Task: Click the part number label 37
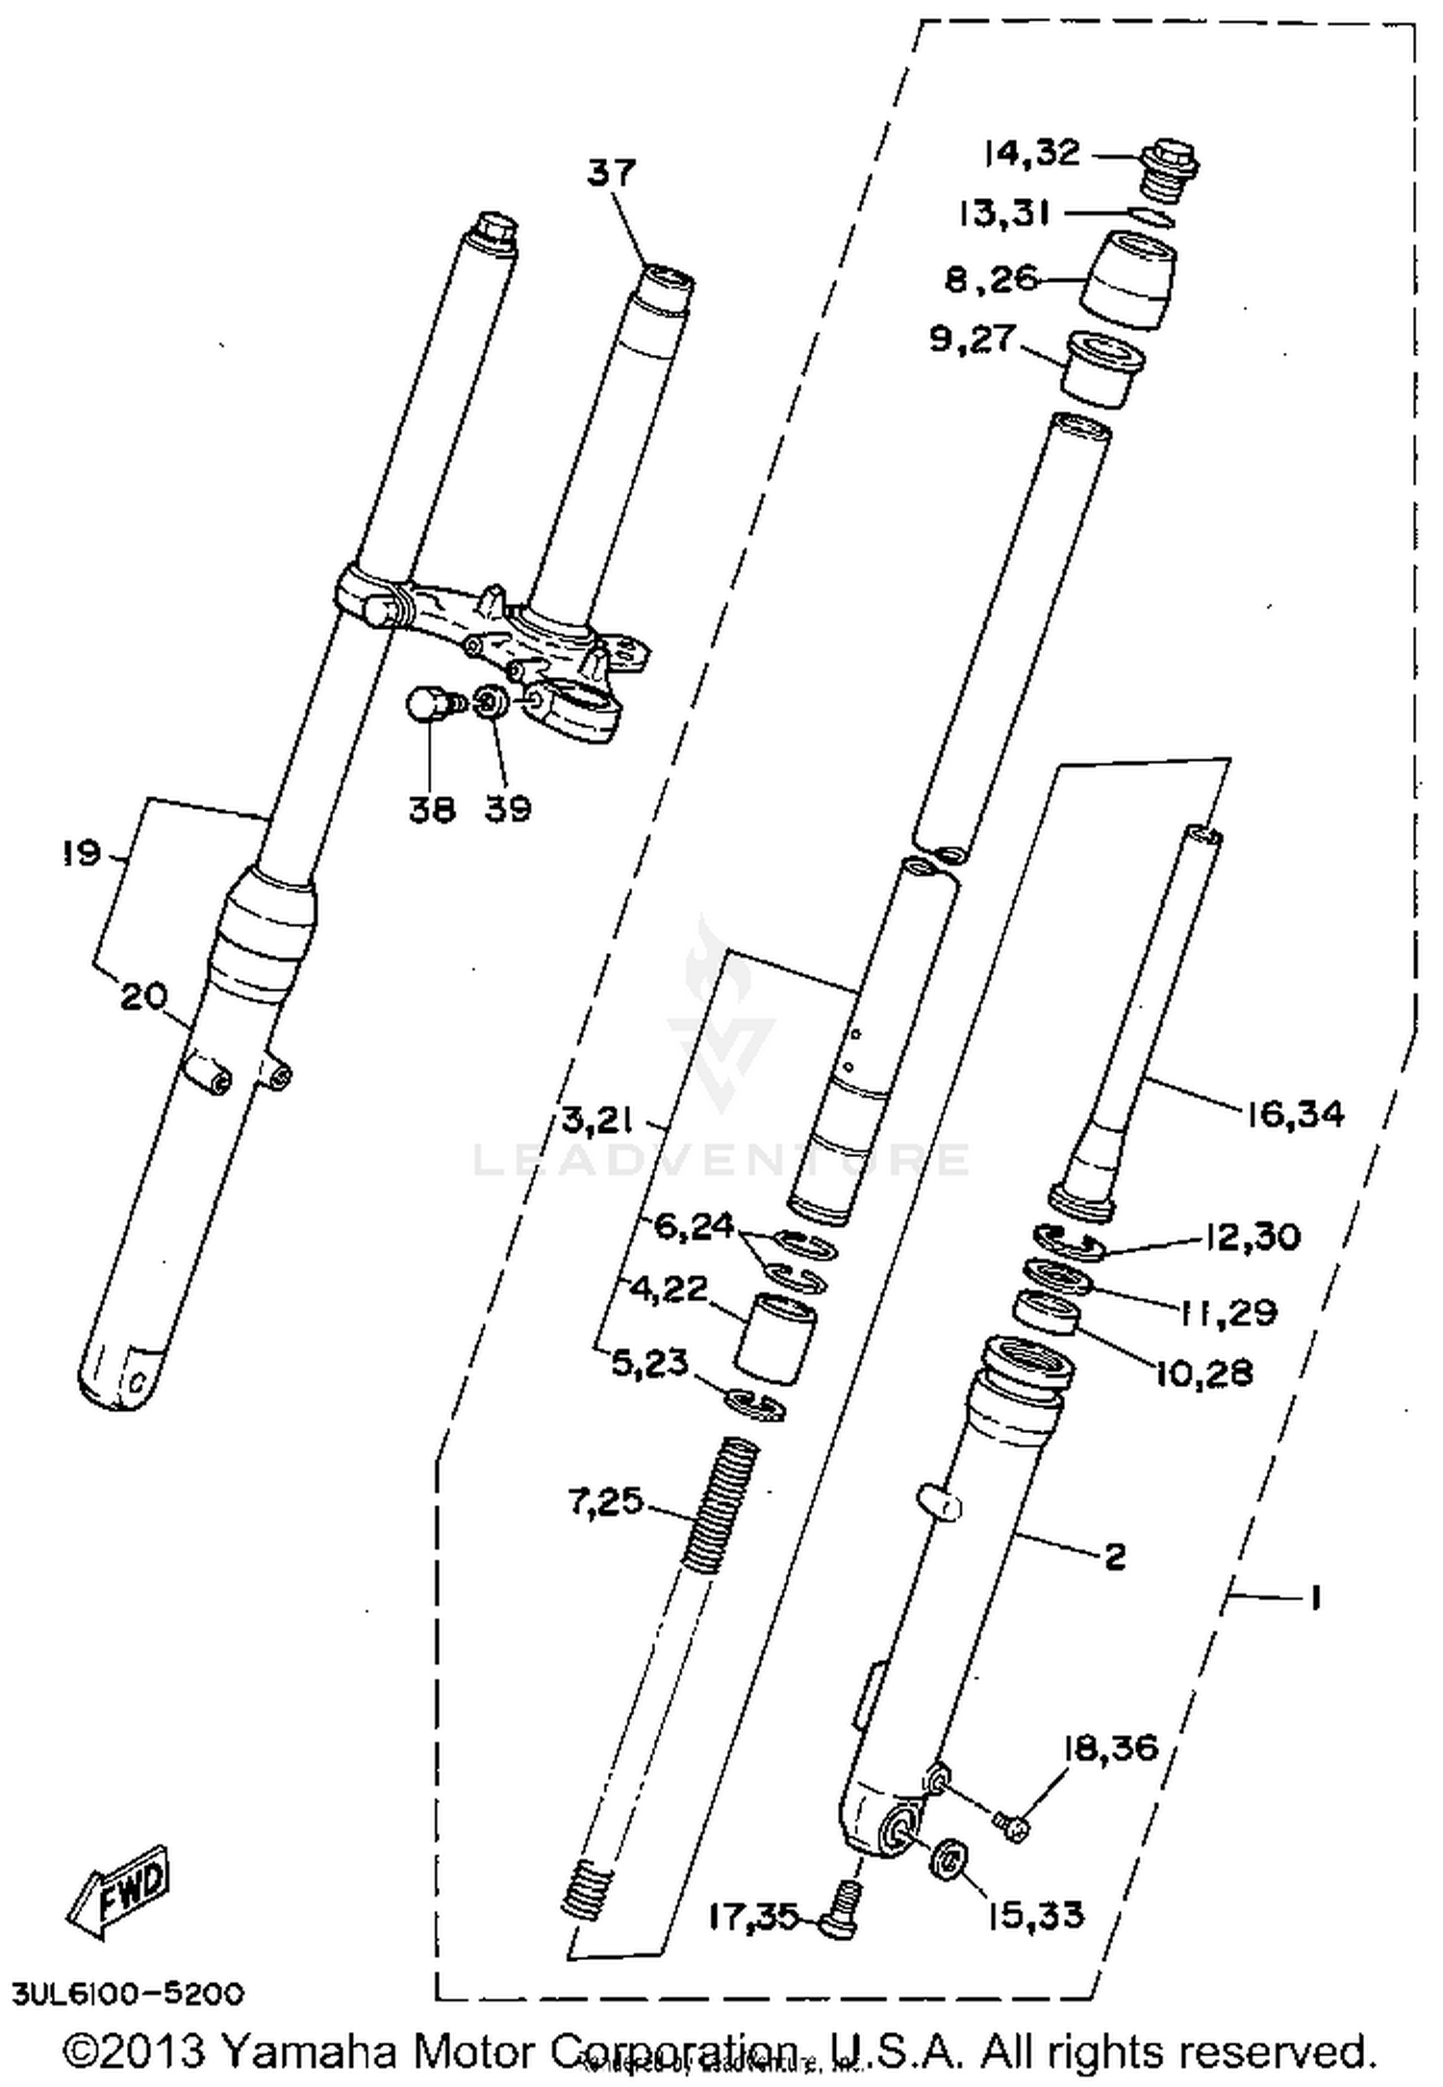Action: [x=612, y=173]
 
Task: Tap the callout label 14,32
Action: [x=1031, y=153]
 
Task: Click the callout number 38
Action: [x=431, y=809]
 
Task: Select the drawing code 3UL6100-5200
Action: [x=128, y=1993]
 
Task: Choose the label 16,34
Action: [x=1295, y=1115]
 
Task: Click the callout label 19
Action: [x=84, y=853]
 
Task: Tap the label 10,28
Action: [x=1204, y=1372]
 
